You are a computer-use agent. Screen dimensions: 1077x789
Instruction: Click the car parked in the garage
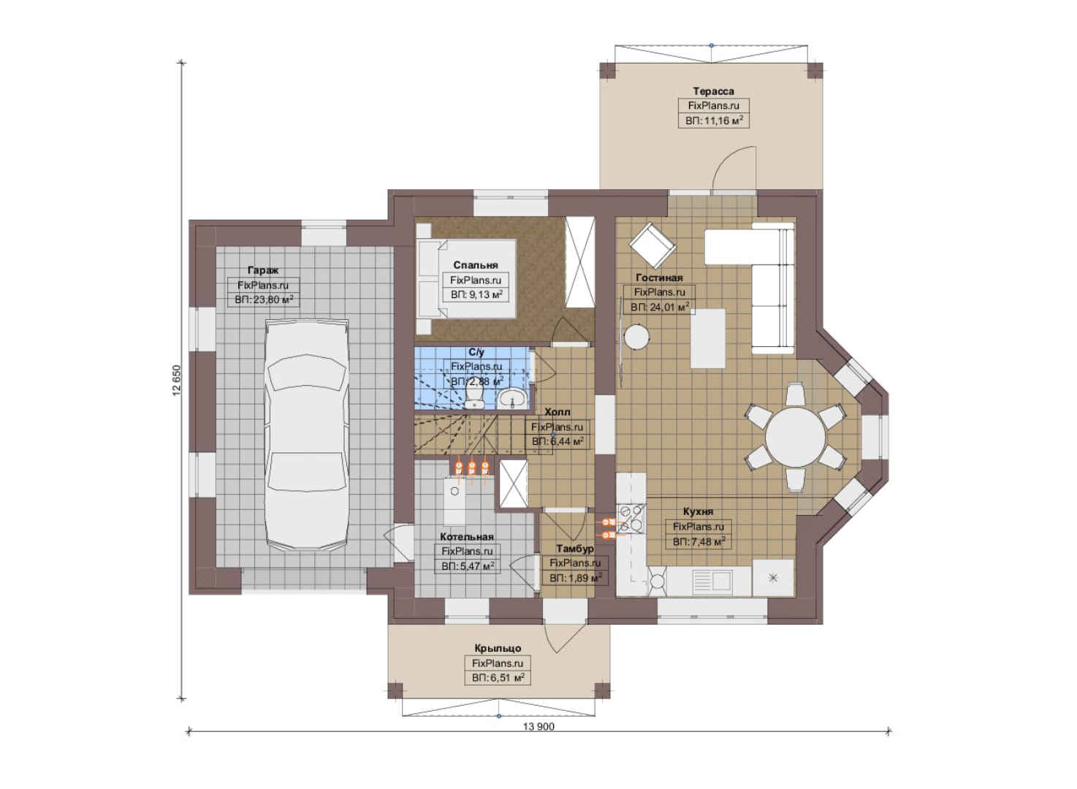coord(307,434)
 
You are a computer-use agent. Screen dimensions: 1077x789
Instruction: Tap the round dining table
coord(795,437)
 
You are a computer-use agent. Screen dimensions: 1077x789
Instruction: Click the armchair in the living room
coord(652,245)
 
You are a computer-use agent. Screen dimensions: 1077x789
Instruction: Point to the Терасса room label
coord(714,91)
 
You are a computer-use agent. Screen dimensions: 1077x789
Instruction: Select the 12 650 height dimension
coord(176,381)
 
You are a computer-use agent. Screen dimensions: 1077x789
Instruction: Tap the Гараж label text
coord(263,270)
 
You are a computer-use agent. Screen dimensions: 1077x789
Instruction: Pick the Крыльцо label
coord(498,648)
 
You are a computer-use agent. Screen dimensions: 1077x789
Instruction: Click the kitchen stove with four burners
coord(631,519)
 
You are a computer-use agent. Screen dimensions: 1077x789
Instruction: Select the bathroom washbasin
coord(512,399)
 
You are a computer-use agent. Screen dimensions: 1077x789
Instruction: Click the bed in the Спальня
coord(466,279)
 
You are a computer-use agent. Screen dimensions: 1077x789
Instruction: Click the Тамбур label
coord(575,548)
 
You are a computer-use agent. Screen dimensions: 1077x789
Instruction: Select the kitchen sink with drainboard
coord(712,582)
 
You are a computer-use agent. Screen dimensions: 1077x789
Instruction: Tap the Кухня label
coord(698,511)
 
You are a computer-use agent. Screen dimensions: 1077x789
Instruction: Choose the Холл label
coord(557,411)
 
